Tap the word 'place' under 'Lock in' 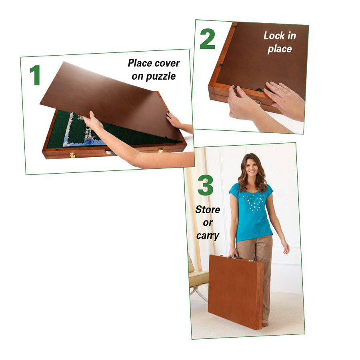pos(280,49)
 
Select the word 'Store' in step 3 pos(207,209)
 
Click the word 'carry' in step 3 pos(207,235)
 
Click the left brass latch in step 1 pos(73,155)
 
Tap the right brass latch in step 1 pos(161,150)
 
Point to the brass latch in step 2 pos(258,102)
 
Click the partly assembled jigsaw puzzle pos(82,128)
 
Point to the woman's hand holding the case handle pos(233,253)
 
